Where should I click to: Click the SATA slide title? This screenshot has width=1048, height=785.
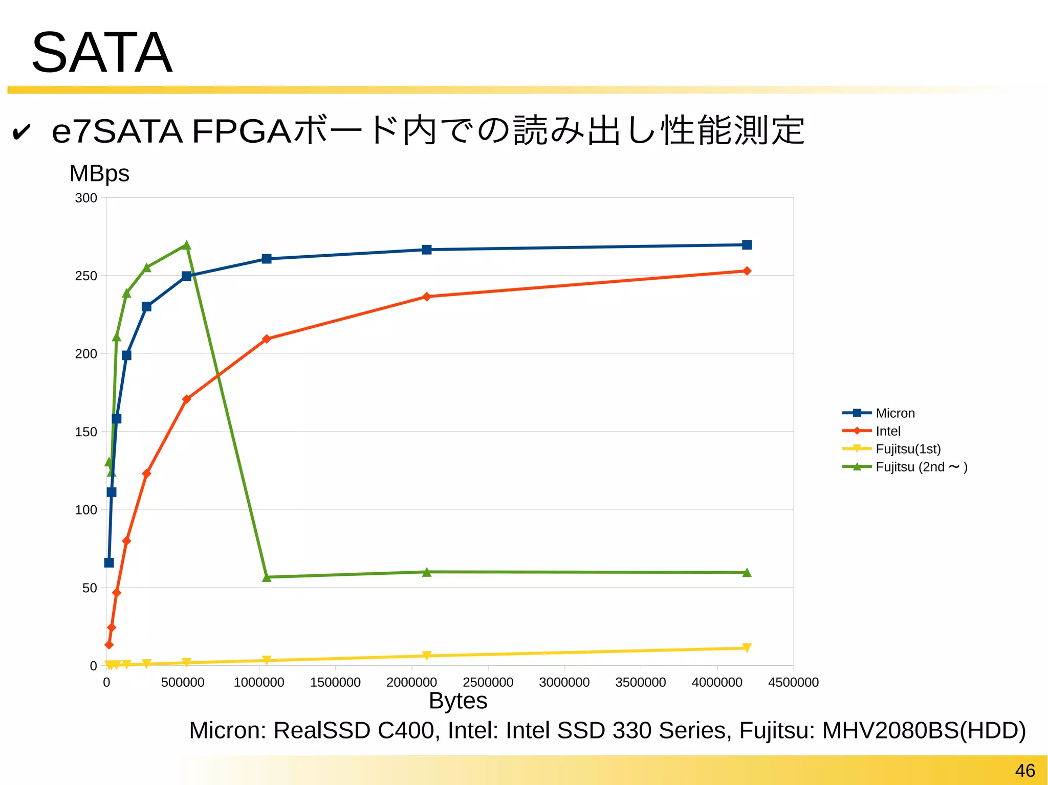tap(102, 53)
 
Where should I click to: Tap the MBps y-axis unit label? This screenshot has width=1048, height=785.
tap(99, 173)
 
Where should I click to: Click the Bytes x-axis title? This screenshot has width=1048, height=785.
tap(458, 701)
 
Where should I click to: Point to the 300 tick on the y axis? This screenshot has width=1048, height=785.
tap(86, 198)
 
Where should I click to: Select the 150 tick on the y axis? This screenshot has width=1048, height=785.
tap(86, 432)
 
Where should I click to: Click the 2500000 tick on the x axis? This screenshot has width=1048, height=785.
tap(488, 682)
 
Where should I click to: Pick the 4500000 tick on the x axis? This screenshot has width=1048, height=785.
tap(793, 682)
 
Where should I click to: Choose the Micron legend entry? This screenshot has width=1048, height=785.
tap(894, 413)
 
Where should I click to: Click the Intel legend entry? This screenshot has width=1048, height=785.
tap(888, 431)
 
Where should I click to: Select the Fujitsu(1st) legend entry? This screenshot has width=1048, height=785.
tap(908, 449)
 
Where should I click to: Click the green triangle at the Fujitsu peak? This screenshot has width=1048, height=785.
tap(187, 245)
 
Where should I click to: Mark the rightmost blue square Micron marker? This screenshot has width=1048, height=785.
tap(747, 245)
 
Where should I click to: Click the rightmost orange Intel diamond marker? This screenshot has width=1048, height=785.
tap(747, 271)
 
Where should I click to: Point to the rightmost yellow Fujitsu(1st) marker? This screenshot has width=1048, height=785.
tap(747, 648)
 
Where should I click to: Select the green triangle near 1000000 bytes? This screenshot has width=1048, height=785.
tap(267, 577)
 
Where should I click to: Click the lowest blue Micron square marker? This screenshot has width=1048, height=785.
tap(109, 563)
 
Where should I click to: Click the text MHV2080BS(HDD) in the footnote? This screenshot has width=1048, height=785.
tap(924, 730)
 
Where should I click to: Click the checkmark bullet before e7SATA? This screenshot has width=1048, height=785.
tap(21, 132)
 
